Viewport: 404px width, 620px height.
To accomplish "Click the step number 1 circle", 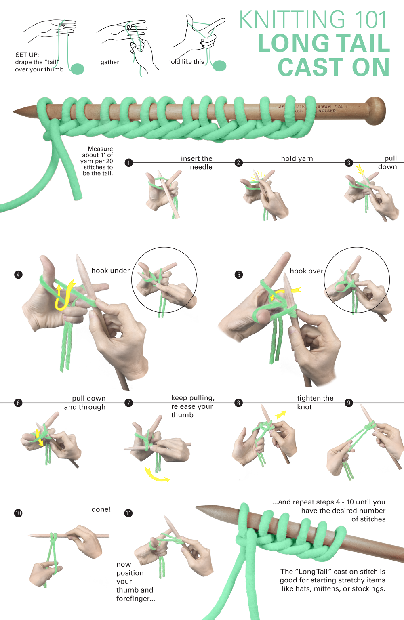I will tap(129, 163).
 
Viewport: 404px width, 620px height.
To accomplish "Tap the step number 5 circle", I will tap(239, 275).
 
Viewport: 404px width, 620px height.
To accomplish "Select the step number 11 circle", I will tap(128, 513).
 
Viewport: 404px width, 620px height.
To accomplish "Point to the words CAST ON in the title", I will tap(333, 67).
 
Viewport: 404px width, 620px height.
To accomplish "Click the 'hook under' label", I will tap(110, 271).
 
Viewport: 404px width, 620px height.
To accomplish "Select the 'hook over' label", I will tap(306, 271).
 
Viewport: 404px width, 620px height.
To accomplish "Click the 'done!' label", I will tap(101, 509).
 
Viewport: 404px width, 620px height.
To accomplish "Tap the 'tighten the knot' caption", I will tap(315, 402).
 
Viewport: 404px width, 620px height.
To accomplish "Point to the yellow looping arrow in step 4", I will tap(65, 295).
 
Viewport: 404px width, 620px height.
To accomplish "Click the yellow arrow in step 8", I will tap(280, 414).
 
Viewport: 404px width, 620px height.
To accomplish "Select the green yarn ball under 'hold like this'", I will tap(219, 65).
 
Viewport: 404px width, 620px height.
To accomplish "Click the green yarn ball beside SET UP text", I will tap(77, 69).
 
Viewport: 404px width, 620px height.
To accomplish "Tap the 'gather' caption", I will tap(110, 62).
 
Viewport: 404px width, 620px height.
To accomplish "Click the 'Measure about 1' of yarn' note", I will tap(98, 161).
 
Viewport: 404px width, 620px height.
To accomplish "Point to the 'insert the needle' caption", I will tap(197, 163).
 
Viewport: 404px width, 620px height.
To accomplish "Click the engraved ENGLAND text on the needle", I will tap(326, 111).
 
